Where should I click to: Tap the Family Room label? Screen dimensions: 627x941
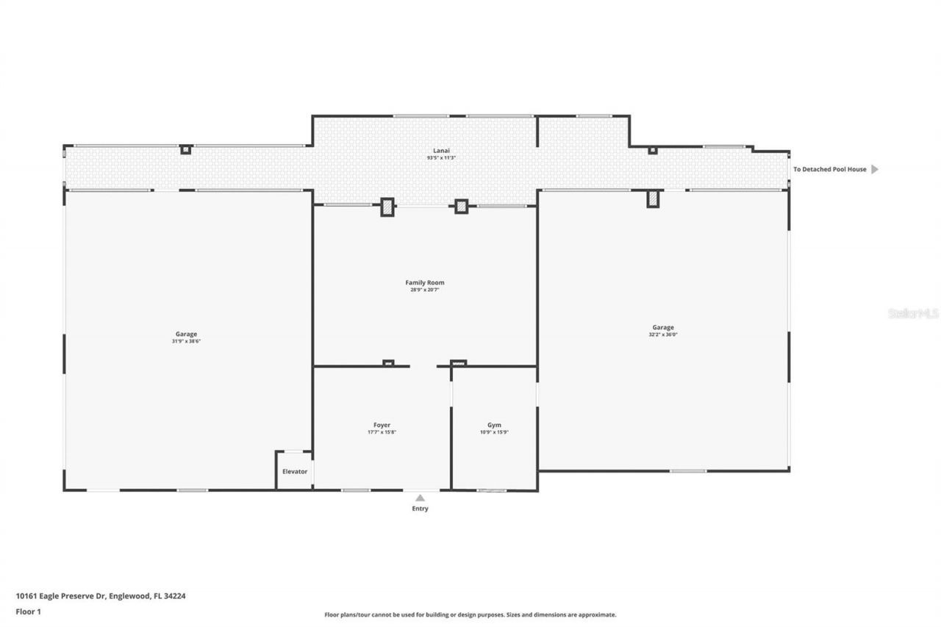425,282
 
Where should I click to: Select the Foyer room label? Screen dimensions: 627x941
382,425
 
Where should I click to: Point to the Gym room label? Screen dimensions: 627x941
494,425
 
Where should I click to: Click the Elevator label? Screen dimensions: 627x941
295,471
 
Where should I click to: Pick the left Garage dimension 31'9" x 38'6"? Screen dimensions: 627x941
186,342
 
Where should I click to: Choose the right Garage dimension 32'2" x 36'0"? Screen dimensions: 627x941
662,335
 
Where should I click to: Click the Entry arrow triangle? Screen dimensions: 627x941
420,498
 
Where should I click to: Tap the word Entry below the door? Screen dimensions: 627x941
420,509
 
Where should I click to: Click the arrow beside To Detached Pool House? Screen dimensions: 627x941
874,169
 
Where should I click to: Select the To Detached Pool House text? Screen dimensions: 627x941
829,169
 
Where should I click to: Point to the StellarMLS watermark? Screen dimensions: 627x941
913,313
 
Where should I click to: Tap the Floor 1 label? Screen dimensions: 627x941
29,611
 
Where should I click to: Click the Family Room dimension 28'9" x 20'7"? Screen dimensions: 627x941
425,290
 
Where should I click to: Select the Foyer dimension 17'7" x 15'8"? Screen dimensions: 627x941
382,432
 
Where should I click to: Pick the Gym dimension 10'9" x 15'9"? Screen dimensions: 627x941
494,432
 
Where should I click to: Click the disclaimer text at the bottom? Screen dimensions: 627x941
470,615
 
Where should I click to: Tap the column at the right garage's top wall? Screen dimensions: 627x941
652,198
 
